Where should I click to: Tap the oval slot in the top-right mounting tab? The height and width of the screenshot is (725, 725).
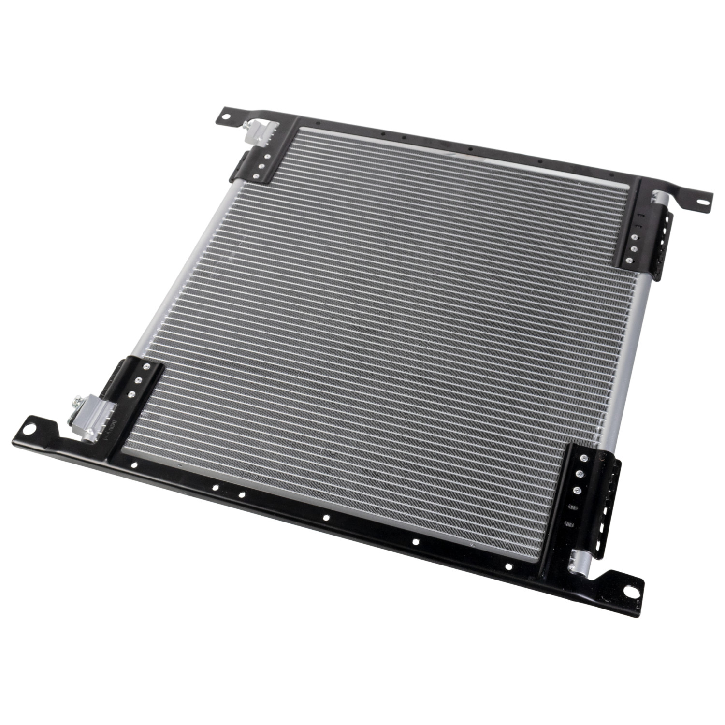tap(698, 197)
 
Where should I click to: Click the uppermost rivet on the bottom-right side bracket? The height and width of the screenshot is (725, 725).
tap(586, 458)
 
